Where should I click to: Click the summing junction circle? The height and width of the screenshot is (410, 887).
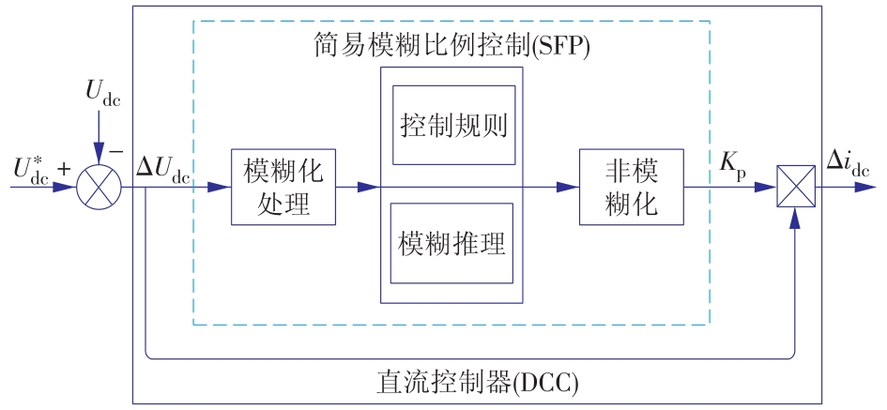point(99,186)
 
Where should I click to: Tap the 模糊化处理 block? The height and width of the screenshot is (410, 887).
point(283,186)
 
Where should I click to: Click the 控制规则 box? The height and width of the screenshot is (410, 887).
point(453,125)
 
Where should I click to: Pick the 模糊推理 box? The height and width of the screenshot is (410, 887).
point(452,243)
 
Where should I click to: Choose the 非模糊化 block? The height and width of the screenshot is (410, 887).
point(631,186)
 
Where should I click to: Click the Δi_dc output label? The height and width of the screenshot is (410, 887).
point(848,162)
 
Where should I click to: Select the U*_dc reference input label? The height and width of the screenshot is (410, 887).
point(32,169)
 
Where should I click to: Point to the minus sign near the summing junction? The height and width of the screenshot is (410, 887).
point(116,149)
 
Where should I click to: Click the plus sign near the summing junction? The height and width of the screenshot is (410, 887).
point(64,169)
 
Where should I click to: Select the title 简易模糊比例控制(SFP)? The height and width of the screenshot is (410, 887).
point(451,45)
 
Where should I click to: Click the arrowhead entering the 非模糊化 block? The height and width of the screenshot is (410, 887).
point(569,187)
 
